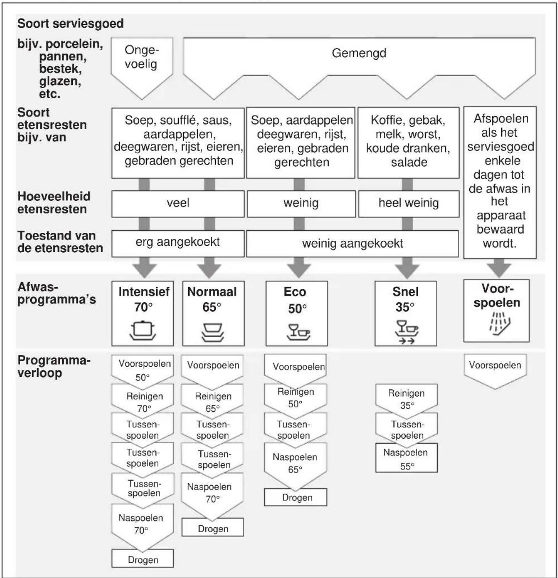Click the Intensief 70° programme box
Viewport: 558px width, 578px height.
coord(143,313)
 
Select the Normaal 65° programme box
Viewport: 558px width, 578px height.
coord(213,313)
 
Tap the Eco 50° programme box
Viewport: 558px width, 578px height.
coord(297,313)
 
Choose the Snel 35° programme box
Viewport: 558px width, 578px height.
coord(406,313)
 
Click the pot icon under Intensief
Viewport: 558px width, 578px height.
coord(143,330)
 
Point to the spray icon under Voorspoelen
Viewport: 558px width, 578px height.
coord(500,324)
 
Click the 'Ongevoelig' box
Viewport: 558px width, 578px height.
coord(142,68)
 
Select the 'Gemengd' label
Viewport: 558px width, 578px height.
coord(359,53)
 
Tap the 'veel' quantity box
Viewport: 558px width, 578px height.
coord(178,204)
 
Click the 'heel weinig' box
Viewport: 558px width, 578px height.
coord(409,204)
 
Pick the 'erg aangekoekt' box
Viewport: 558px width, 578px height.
coord(178,244)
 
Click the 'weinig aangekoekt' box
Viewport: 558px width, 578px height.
coord(353,244)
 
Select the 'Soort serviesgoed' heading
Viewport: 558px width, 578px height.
coord(70,24)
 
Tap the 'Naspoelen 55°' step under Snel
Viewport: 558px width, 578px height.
coord(406,458)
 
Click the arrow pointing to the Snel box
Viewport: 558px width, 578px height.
coord(407,268)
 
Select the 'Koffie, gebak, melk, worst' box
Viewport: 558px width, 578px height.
coord(408,143)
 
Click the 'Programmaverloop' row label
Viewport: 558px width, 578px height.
coord(54,366)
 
